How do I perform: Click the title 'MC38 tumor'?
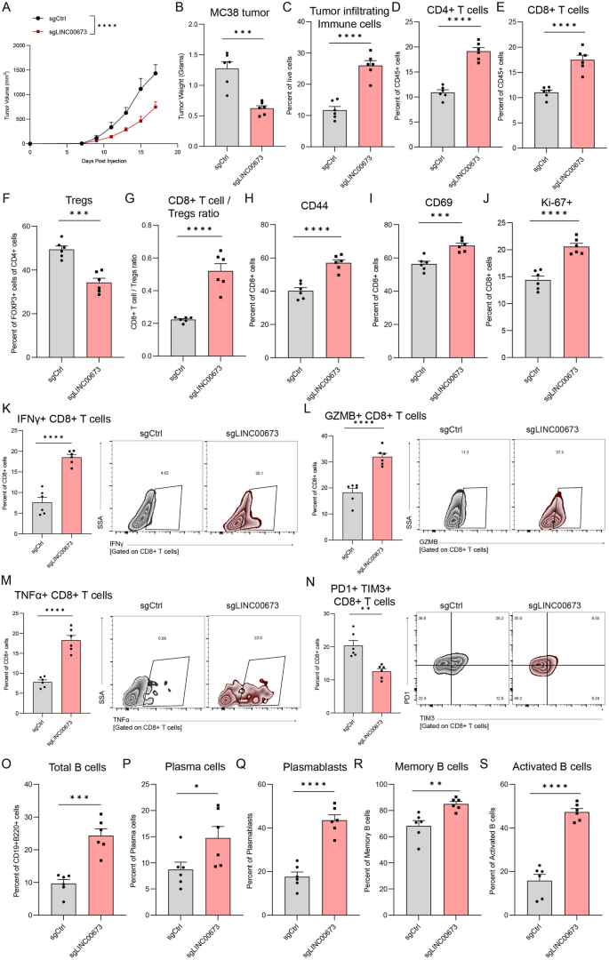223,12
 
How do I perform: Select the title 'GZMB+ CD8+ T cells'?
375,417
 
